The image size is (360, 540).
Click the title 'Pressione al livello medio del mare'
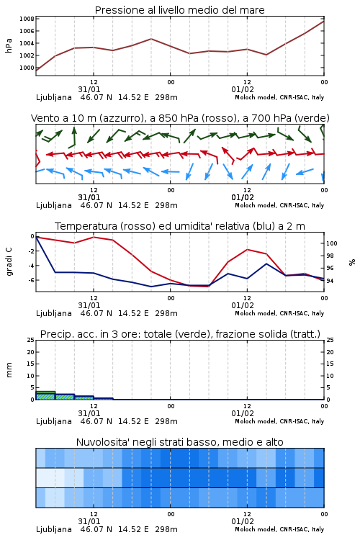pyautogui.click(x=179, y=10)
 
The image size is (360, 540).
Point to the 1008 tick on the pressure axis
pyautogui.click(x=27, y=19)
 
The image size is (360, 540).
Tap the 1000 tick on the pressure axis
pyautogui.click(x=27, y=68)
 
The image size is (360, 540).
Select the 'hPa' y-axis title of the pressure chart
pyautogui.click(x=9, y=45)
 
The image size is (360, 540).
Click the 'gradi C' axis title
pyautogui.click(x=9, y=262)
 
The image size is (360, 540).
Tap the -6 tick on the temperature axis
pyautogui.click(x=31, y=280)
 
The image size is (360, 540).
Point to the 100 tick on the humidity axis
pyautogui.click(x=332, y=243)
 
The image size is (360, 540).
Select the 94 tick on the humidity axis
pyautogui.click(x=330, y=281)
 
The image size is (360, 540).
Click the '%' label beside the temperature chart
pyautogui.click(x=352, y=262)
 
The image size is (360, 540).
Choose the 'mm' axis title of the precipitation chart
pyautogui.click(x=9, y=370)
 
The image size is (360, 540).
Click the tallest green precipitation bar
pyautogui.click(x=45, y=395)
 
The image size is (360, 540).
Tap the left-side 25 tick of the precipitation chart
pyautogui.click(x=31, y=340)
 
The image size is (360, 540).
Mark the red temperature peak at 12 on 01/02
pyautogui.click(x=248, y=249)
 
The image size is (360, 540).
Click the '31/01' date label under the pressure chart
pyautogui.click(x=89, y=89)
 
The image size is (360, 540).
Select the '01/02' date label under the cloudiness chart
pyautogui.click(x=243, y=521)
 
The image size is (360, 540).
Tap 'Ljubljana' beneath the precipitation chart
pyautogui.click(x=54, y=421)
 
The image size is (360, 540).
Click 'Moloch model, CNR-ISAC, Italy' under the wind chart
pyautogui.click(x=279, y=205)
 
